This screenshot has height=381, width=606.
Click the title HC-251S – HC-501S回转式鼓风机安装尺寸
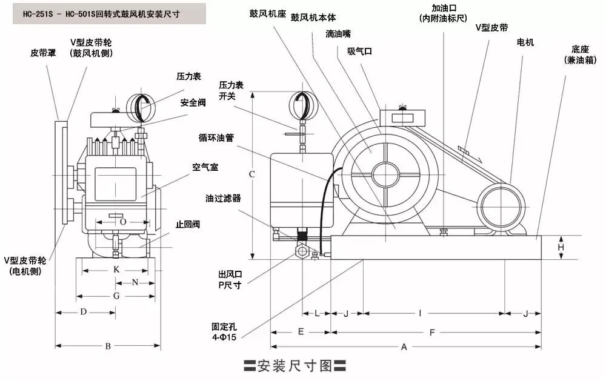[109, 13]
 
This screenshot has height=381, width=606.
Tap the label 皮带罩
[43, 53]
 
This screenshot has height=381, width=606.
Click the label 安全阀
[193, 102]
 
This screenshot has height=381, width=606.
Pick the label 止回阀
[188, 224]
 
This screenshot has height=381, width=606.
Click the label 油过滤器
[223, 197]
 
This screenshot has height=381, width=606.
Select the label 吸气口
[359, 51]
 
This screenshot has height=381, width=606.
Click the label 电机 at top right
[525, 42]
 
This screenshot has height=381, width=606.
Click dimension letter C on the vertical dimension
[251, 174]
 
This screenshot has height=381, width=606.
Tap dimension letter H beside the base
[561, 247]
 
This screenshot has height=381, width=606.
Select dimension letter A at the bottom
[404, 346]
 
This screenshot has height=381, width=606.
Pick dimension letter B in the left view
[108, 346]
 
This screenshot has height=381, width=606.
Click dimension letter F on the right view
[432, 332]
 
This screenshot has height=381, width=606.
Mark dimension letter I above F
[419, 313]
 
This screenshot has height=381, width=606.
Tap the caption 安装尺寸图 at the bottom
[295, 365]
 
